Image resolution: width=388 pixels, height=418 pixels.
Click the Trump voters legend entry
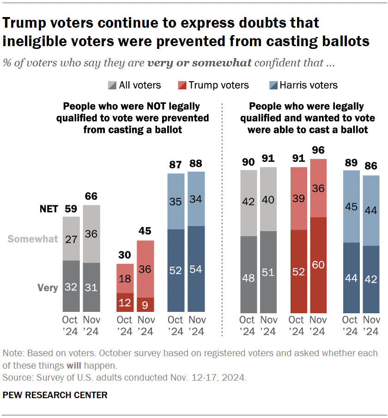[x=213, y=85]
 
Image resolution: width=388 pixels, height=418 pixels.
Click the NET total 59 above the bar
[x=71, y=209]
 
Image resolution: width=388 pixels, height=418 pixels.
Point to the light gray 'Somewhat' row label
[x=33, y=239]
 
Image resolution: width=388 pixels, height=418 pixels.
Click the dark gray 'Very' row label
[x=48, y=288]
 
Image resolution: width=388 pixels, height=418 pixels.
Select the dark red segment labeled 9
[x=145, y=305]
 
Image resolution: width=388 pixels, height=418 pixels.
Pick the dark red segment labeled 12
[x=124, y=302]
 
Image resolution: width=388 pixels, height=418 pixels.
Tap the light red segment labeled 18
[x=124, y=278]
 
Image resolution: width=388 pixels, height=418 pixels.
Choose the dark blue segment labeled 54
[x=196, y=269]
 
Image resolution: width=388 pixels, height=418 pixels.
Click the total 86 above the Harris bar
[x=370, y=167]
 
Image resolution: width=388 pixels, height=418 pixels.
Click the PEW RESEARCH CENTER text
[x=55, y=395]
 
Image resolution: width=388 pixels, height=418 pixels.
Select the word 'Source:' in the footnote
[x=16, y=377]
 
